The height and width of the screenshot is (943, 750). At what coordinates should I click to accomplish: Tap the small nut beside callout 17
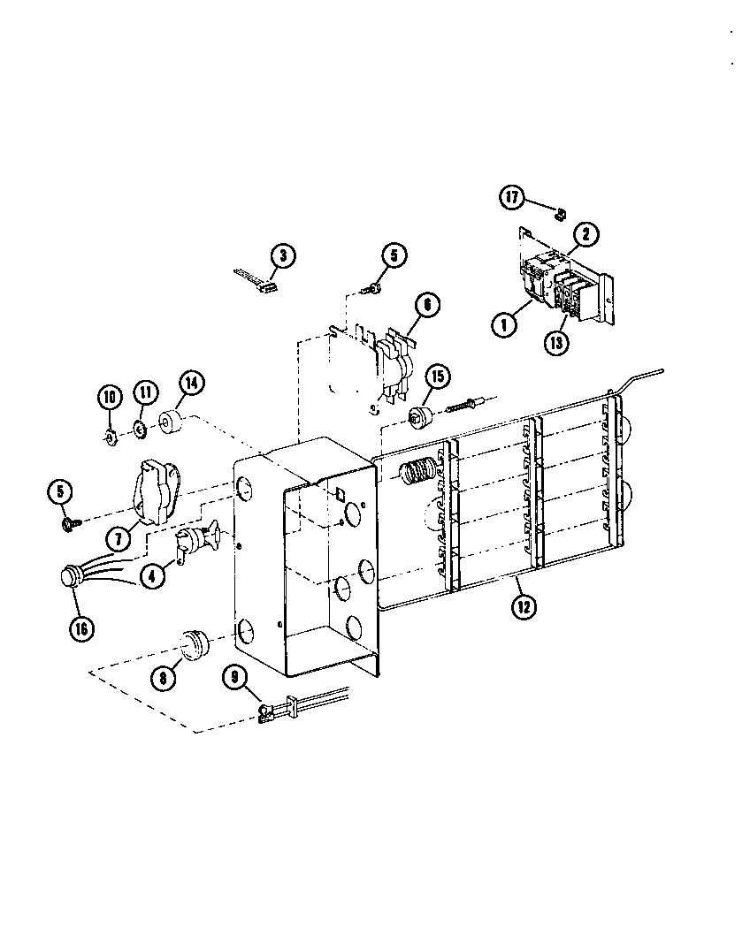point(559,213)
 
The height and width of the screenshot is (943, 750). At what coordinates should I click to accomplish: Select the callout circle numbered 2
point(585,234)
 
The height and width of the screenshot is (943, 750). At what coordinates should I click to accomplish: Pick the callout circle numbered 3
point(281,257)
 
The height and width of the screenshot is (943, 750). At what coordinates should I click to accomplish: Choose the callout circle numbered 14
point(191,383)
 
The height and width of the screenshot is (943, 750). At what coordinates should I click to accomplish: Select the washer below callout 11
point(140,430)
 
